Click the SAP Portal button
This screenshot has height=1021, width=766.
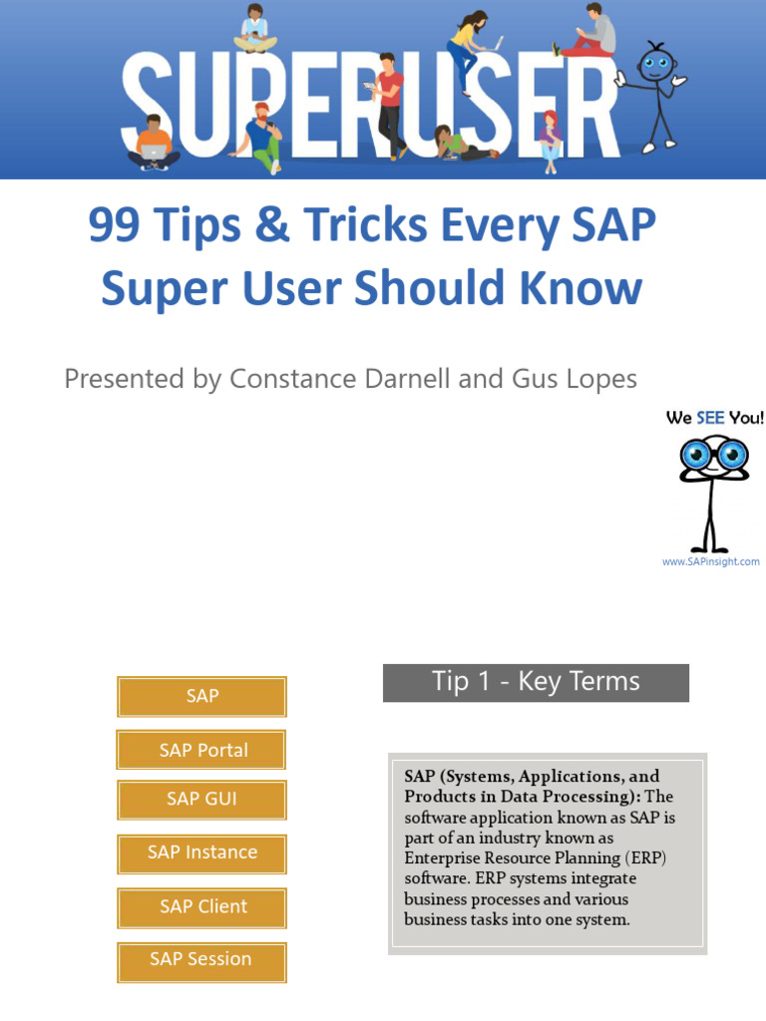pos(202,750)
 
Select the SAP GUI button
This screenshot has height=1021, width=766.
pos(202,800)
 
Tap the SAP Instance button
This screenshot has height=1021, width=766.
pos(202,853)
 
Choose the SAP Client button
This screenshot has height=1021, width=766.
pos(202,907)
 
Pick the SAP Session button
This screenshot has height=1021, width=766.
pos(202,960)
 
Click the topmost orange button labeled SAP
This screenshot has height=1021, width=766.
pos(202,696)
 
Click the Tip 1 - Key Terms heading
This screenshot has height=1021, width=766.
pos(536,683)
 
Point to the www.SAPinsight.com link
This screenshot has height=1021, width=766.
pos(710,562)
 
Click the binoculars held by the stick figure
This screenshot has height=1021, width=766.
pos(714,456)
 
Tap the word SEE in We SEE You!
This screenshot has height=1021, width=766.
pos(710,418)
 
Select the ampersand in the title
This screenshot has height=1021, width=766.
pos(272,227)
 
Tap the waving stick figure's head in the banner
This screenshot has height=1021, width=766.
pos(654,63)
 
